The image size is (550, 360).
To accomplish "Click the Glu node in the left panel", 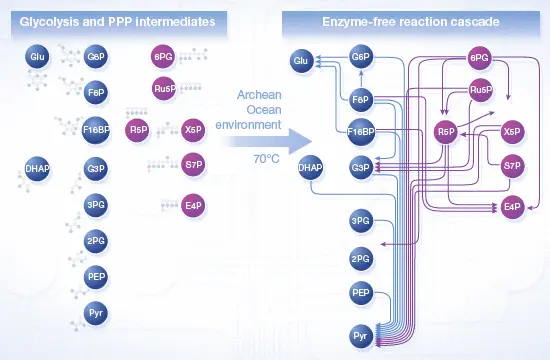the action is point(37,56).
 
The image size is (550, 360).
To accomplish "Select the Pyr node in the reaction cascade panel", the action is point(361,336).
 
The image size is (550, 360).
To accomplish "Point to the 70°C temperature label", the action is point(267,159).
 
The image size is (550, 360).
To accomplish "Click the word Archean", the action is point(259,95).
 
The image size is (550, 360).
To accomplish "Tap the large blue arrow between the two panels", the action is point(268,142).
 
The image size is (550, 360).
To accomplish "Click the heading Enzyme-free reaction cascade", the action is point(411,22).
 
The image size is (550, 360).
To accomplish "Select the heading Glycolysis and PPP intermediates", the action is point(118,22).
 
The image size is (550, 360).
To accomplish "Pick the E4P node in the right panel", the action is point(512,206).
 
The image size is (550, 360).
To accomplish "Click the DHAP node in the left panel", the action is point(37,169).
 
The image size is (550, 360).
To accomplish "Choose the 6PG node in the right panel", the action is point(479,58).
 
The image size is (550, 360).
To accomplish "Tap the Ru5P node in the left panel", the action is point(164,88).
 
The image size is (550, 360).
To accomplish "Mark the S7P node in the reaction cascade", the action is point(512,165).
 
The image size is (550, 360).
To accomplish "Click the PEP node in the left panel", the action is point(96,277).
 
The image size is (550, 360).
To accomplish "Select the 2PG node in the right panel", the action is point(361,259).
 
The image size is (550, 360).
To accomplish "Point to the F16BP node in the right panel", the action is point(361,132).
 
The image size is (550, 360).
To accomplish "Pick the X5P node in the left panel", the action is point(193,130).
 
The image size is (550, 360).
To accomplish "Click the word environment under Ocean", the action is point(248,125).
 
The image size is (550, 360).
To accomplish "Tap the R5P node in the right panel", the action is point(446,132).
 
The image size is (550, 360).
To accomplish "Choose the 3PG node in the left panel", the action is point(96,205).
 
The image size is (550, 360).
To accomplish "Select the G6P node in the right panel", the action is point(361,56).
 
